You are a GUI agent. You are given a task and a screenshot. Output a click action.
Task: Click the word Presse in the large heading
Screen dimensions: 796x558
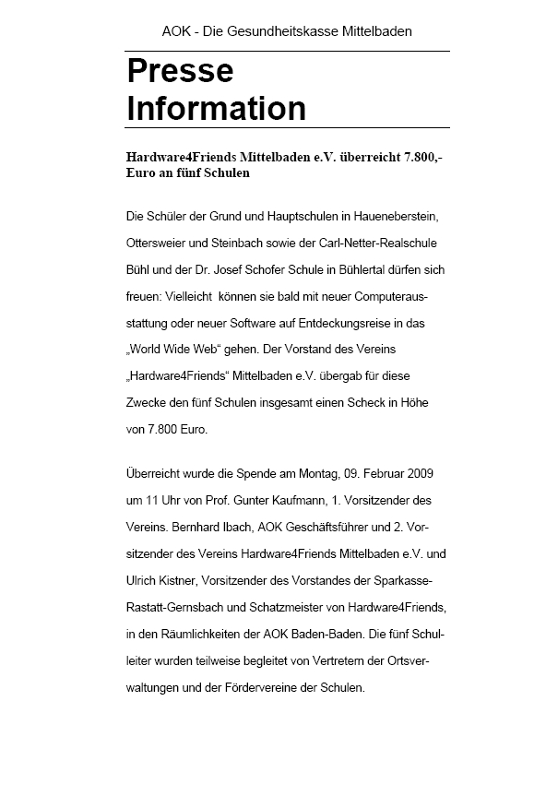click(180, 71)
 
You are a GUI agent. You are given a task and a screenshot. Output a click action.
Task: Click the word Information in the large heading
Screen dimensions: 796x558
click(216, 109)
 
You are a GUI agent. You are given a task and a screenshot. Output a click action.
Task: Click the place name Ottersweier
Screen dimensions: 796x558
click(160, 243)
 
